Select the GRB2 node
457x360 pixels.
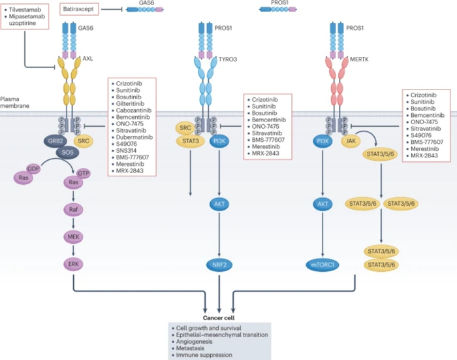(54, 141)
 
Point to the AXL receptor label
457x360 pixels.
(88, 59)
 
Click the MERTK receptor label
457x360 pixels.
(361, 59)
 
